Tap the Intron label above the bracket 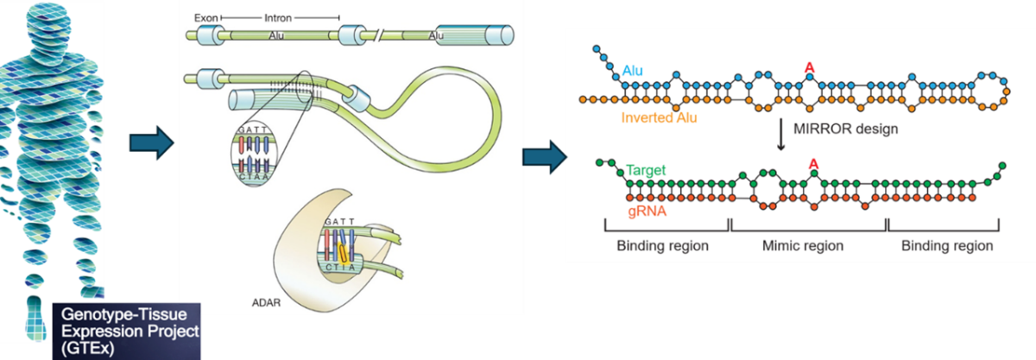(275, 16)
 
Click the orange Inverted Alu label (671, 117)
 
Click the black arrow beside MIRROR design (781, 136)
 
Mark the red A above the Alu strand (809, 67)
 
